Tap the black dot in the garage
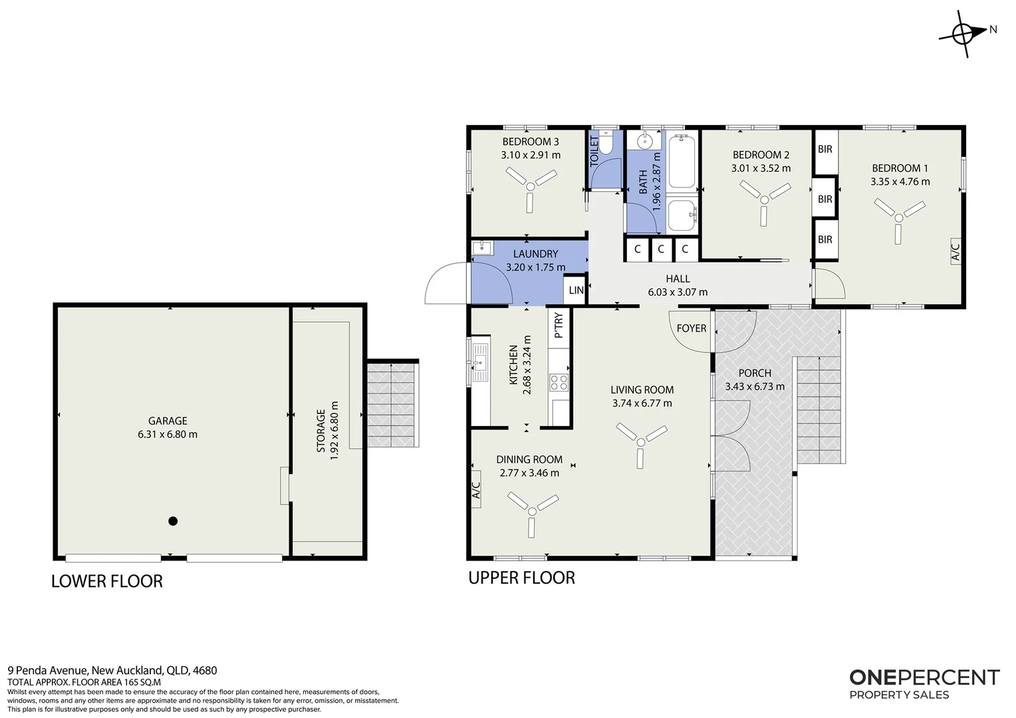173,521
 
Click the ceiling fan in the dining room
533,512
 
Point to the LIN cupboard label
576,291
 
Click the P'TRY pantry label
559,324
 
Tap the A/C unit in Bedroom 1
955,252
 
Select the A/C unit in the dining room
476,489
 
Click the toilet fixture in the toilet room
605,142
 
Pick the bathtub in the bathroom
682,161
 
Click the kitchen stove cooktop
559,382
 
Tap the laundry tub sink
482,248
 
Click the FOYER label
692,328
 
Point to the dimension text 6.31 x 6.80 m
168,434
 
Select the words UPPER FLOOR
521,578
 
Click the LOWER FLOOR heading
106,581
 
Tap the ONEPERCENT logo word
924,677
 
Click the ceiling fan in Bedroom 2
765,200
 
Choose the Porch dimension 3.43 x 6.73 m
755,386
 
